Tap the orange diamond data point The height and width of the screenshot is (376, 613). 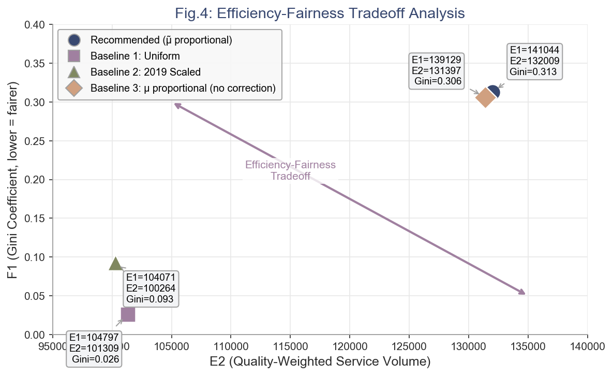485,97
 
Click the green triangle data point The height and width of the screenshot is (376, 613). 116,264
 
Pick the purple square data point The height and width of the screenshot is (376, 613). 128,314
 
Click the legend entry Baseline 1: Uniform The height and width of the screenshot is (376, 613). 135,56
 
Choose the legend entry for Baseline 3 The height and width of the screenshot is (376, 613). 183,88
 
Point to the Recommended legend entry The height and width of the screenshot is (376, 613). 161,40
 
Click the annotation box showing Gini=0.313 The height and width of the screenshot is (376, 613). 534,61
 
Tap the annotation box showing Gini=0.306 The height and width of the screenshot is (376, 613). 437,70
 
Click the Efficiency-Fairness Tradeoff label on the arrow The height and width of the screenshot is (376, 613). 290,170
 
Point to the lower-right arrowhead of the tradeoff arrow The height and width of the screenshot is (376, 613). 524,293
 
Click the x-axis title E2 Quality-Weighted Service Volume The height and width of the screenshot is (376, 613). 320,361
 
